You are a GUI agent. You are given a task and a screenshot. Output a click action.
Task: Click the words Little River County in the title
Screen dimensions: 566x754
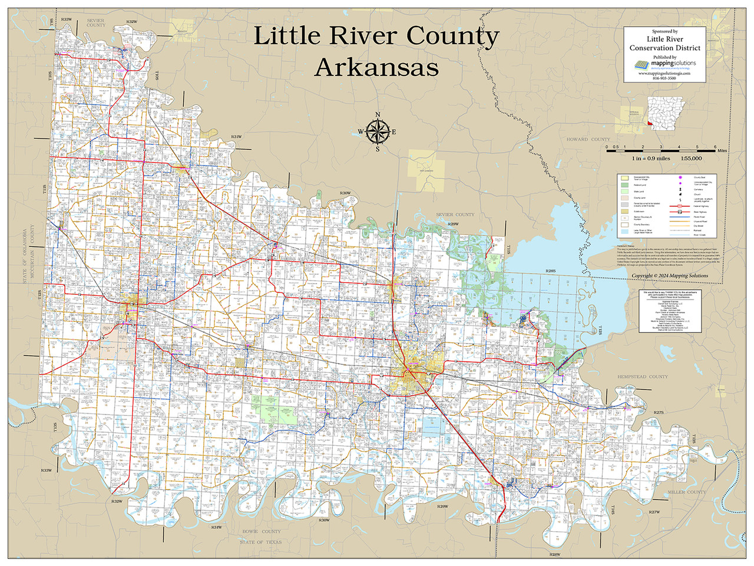(376, 36)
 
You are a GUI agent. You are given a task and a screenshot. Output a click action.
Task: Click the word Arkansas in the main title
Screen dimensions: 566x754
(376, 67)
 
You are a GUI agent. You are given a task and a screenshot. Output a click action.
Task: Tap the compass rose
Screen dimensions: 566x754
(378, 132)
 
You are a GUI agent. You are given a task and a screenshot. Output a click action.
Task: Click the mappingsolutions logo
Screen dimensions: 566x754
(664, 64)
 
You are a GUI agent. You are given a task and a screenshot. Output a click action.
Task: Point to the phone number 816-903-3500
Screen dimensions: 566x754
(664, 78)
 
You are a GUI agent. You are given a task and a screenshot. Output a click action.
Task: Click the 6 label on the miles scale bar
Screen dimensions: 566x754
(715, 147)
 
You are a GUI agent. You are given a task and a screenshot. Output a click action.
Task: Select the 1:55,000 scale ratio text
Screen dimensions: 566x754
(692, 159)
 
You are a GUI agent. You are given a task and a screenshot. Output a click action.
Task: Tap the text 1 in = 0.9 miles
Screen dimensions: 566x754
(651, 159)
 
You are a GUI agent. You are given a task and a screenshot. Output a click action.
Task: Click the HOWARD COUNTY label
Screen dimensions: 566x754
(588, 140)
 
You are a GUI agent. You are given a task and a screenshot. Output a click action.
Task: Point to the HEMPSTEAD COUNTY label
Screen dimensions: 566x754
(643, 377)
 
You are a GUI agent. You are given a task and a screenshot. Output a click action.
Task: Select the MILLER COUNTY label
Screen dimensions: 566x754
(686, 492)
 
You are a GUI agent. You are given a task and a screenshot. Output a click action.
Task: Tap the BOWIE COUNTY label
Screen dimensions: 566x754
(263, 532)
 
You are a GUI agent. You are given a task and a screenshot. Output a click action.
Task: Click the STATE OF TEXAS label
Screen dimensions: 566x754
(260, 542)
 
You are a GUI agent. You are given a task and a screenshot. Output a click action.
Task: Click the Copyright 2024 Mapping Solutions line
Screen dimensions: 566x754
(670, 276)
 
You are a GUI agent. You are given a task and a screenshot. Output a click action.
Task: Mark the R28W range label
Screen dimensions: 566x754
(554, 555)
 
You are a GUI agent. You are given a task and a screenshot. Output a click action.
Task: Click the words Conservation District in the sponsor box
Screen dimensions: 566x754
(664, 48)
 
